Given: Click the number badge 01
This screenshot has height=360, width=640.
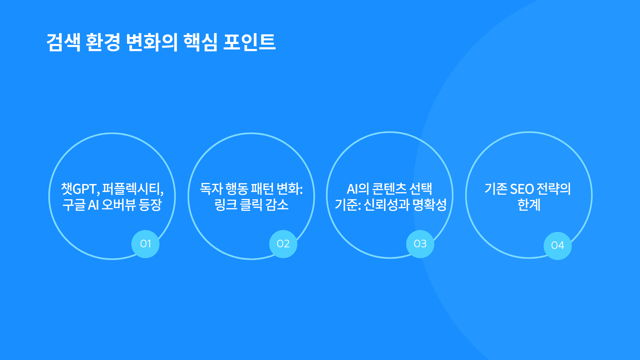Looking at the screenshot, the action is pos(145,244).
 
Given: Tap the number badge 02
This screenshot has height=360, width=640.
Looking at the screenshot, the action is pos(283,244).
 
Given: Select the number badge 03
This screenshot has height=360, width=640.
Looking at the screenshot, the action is pos(420,244).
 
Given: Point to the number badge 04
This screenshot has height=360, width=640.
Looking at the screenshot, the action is pos(558,246).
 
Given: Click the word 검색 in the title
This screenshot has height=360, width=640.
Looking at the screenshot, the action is pos(63,42).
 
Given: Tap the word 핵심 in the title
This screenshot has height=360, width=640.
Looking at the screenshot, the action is pos(200,42).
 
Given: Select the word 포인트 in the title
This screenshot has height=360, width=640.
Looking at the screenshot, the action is pos(249,42).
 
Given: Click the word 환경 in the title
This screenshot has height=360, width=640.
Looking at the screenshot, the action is pos(103,42).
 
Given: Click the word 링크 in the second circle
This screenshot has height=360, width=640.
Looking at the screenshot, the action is pos(226,205).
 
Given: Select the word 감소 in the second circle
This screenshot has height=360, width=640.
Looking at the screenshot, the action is pos(277,205).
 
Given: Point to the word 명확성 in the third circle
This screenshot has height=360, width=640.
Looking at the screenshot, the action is pos(430,205).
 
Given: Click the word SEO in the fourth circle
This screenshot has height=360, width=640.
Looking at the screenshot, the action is pos(522,189).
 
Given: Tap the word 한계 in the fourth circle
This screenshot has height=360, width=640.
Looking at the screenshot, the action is pos(529,205).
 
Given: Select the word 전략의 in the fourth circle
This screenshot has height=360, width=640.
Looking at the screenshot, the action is pos(554,189).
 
